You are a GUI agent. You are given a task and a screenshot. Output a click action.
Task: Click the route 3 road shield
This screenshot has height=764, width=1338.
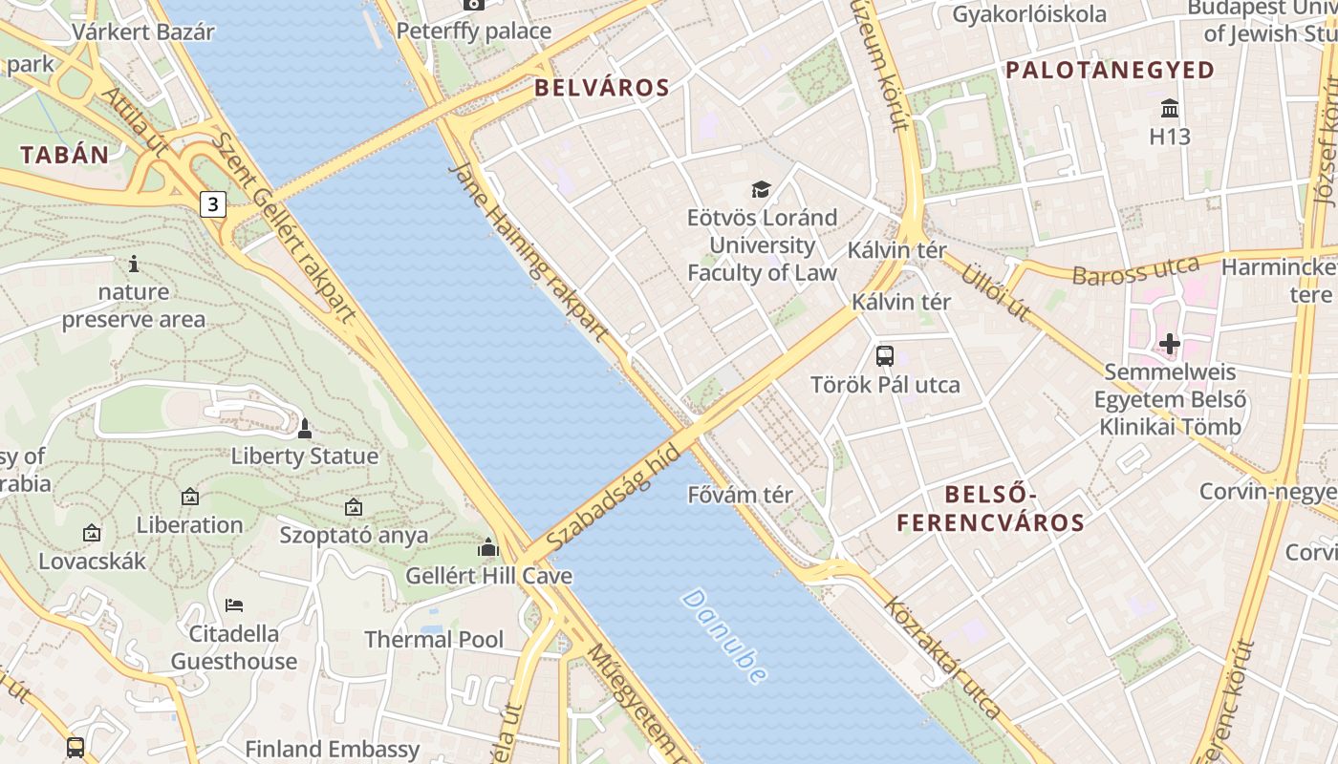click(x=213, y=203)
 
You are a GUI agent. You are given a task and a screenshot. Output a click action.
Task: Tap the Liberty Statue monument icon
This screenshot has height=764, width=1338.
click(x=305, y=429)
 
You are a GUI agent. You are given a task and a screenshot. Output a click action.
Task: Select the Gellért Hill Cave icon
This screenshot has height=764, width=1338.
click(x=488, y=547)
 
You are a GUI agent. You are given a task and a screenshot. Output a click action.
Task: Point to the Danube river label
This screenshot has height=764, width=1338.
click(x=724, y=636)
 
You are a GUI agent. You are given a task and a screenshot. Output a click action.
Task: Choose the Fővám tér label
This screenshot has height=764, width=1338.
click(x=741, y=495)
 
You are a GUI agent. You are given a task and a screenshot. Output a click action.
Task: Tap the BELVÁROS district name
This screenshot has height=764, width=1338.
click(x=602, y=88)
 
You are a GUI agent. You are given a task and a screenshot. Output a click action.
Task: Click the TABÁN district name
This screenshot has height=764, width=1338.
click(x=65, y=155)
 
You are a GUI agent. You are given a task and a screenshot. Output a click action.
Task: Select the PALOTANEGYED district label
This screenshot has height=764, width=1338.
click(x=1110, y=70)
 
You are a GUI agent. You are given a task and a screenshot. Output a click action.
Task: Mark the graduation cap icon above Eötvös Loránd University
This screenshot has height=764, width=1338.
click(x=761, y=189)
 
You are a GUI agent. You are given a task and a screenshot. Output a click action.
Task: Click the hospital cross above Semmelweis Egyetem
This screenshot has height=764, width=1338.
click(x=1170, y=343)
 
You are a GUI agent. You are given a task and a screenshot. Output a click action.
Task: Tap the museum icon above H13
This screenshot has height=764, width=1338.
click(x=1169, y=107)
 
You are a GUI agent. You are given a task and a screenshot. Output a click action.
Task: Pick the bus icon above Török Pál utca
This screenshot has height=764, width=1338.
click(x=885, y=356)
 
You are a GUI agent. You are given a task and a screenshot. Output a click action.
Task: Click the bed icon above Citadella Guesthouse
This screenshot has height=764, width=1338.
click(x=234, y=605)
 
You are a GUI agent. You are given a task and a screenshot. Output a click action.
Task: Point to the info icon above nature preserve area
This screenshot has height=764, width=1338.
click(x=134, y=264)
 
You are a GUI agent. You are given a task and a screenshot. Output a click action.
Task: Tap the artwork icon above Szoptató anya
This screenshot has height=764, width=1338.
click(x=354, y=507)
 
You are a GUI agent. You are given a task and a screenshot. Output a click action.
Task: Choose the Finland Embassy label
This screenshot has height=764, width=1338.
click(x=333, y=749)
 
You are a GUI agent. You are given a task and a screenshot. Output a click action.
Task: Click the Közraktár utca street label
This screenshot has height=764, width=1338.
click(x=942, y=657)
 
